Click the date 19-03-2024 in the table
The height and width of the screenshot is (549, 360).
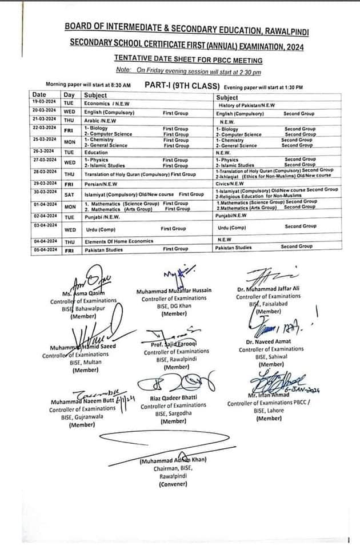click(x=43, y=102)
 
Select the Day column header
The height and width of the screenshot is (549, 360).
click(x=69, y=95)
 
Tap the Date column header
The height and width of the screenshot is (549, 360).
click(x=39, y=95)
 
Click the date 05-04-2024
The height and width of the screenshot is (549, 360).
click(x=43, y=249)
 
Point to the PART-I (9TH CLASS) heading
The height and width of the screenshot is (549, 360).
click(x=182, y=85)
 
